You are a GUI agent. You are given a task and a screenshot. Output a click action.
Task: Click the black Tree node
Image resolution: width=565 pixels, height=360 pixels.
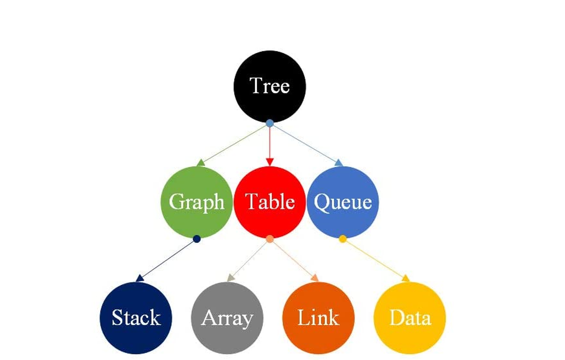point(270,86)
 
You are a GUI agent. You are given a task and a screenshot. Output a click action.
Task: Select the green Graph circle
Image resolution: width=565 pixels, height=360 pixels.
point(197,202)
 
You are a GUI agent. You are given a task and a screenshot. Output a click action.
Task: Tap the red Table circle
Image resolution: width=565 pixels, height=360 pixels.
point(270,202)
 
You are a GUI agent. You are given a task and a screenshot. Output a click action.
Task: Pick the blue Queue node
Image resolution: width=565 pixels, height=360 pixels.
point(343,202)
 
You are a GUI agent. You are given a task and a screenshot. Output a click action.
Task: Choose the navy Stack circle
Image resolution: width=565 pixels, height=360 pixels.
point(136,318)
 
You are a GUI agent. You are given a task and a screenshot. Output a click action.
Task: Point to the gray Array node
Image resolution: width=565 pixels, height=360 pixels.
point(227,318)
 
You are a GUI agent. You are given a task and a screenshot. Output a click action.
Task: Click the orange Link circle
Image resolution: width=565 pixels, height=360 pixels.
point(318,318)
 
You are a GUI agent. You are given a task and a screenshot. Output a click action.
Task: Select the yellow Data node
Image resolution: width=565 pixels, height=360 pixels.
point(410,318)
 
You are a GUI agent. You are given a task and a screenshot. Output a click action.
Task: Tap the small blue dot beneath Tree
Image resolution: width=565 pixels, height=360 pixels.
point(270,123)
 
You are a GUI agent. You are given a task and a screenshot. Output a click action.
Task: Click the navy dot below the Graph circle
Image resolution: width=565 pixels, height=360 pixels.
point(197,239)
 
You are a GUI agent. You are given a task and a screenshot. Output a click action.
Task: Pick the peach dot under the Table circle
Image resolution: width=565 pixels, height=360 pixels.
point(270,239)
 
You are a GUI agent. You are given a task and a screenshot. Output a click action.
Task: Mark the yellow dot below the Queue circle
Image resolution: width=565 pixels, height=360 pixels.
point(343,239)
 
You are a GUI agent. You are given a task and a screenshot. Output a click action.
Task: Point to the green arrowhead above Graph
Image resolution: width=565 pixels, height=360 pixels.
point(201,163)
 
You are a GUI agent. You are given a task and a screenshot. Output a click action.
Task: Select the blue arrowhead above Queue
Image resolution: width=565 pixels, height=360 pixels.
point(339,163)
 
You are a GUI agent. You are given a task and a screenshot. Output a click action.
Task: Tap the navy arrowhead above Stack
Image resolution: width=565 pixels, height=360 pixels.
point(140,278)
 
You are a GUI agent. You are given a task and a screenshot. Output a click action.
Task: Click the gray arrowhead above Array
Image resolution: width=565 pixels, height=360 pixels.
point(231,278)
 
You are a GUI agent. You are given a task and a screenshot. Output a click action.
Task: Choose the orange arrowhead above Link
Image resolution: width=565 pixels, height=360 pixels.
point(315,278)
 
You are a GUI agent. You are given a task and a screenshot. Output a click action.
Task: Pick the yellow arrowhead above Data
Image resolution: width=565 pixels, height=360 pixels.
point(405,278)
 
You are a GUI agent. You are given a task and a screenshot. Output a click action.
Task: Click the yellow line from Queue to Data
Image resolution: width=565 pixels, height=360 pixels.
point(374,259)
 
